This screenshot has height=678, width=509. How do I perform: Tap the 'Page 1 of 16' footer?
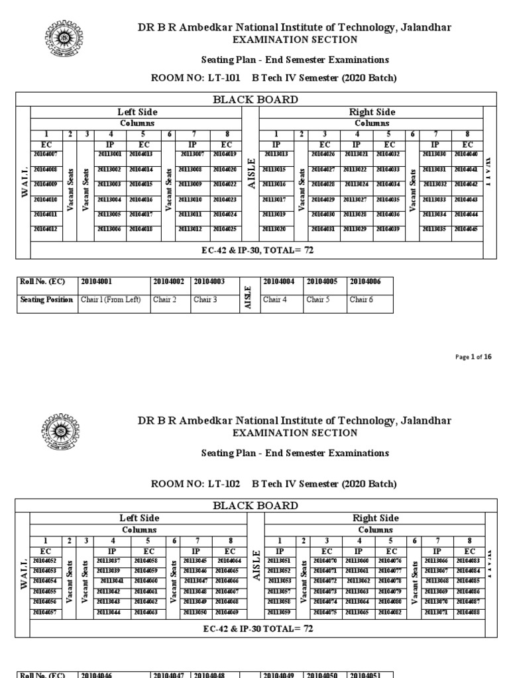click(474, 357)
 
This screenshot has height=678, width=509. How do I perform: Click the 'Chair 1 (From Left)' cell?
click(111, 300)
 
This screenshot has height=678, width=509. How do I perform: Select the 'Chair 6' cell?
click(361, 300)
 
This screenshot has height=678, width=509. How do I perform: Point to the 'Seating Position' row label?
click(46, 300)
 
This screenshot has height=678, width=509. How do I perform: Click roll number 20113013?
click(275, 154)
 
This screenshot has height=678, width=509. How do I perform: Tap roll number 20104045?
click(467, 229)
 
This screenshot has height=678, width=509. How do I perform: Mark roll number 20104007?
click(46, 154)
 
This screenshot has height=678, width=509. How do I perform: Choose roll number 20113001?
click(110, 154)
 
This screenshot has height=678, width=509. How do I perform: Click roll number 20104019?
click(226, 154)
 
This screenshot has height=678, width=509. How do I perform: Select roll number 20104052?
click(46, 561)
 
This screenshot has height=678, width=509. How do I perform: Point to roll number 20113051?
click(279, 561)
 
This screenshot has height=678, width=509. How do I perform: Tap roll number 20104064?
click(227, 561)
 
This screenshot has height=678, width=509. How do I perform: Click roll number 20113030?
click(435, 154)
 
